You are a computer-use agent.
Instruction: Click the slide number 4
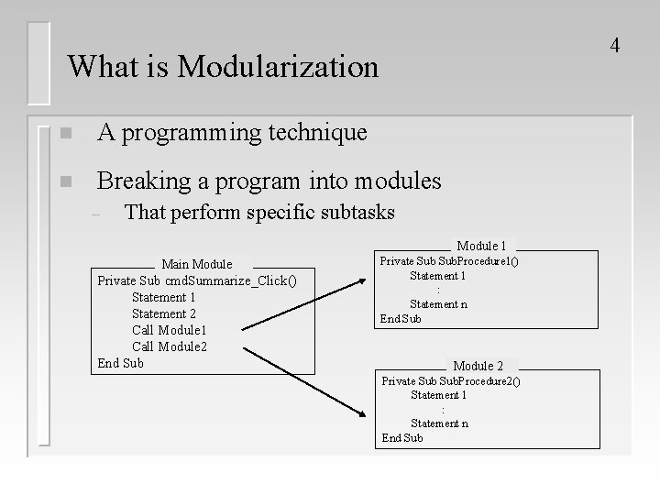[615, 44]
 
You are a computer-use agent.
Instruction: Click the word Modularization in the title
[278, 66]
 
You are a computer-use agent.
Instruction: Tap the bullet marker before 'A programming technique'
[62, 134]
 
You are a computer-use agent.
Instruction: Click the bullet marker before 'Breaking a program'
[62, 181]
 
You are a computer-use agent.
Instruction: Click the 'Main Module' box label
[197, 264]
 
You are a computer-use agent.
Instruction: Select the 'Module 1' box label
[481, 246]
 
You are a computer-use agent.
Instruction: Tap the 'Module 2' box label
[478, 366]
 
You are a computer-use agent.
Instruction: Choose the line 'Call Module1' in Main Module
[170, 330]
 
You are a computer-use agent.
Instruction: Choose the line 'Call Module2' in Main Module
[170, 346]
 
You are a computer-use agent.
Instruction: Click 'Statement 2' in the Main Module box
[164, 313]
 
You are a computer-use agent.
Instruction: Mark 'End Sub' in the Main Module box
[121, 363]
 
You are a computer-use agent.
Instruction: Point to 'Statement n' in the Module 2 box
[439, 423]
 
